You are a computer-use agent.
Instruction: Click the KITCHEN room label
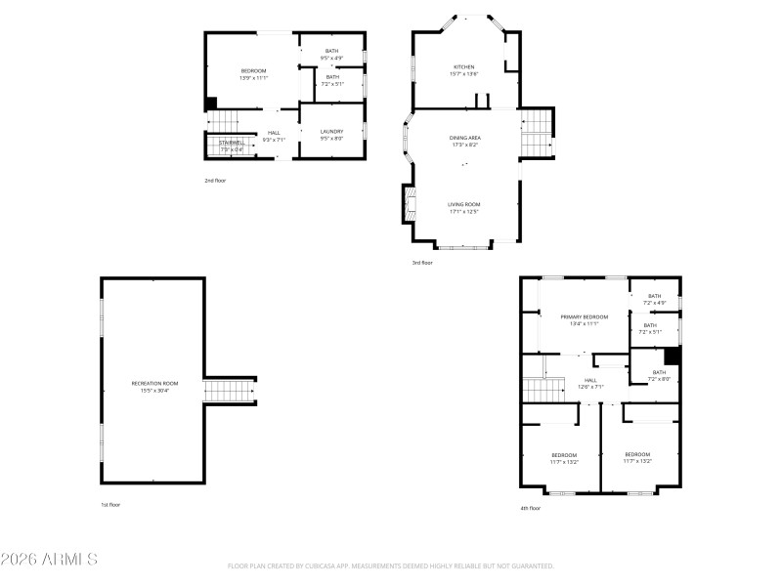463,67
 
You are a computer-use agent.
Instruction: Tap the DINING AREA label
464,138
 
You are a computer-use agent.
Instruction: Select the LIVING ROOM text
464,204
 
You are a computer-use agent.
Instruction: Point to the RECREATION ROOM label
155,383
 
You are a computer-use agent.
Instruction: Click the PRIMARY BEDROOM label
584,316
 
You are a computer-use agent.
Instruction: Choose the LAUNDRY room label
331,131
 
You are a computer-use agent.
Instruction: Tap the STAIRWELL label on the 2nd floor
232,143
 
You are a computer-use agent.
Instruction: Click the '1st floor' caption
111,505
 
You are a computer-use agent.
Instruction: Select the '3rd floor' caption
420,263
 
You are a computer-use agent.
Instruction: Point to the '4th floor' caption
529,508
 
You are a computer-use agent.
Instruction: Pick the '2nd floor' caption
215,181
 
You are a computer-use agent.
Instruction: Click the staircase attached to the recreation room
229,391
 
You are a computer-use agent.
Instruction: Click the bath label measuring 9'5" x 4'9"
331,51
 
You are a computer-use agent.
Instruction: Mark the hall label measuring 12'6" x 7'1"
590,381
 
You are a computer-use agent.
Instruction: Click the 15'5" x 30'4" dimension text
155,391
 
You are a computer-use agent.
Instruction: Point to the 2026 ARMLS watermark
49,560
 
